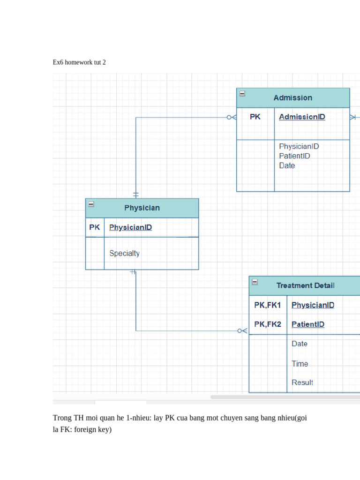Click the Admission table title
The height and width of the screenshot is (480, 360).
[292, 98]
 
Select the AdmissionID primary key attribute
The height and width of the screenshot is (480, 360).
[302, 117]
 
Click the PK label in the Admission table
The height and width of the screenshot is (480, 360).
[255, 117]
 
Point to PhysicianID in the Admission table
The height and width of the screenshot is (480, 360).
[299, 146]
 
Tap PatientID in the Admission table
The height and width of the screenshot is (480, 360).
[294, 156]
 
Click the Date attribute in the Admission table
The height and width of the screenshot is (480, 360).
[287, 165]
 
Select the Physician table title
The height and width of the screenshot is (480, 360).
[142, 208]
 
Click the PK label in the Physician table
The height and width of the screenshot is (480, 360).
[95, 227]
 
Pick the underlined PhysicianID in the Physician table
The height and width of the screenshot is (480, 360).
[130, 227]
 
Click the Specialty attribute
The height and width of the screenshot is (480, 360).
[124, 253]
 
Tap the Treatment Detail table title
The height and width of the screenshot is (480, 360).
[305, 285]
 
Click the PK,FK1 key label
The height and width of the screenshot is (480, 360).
[267, 305]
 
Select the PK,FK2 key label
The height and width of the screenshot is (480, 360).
[267, 324]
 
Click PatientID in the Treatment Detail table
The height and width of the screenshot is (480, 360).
[307, 324]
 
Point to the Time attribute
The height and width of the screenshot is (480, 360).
[300, 364]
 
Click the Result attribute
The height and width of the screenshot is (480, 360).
[302, 382]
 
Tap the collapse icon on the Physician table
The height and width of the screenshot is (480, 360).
[91, 204]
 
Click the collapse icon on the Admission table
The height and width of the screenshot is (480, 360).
[242, 93]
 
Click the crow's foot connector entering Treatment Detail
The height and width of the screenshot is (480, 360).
[242, 331]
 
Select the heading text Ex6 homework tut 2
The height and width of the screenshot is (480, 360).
[79, 62]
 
